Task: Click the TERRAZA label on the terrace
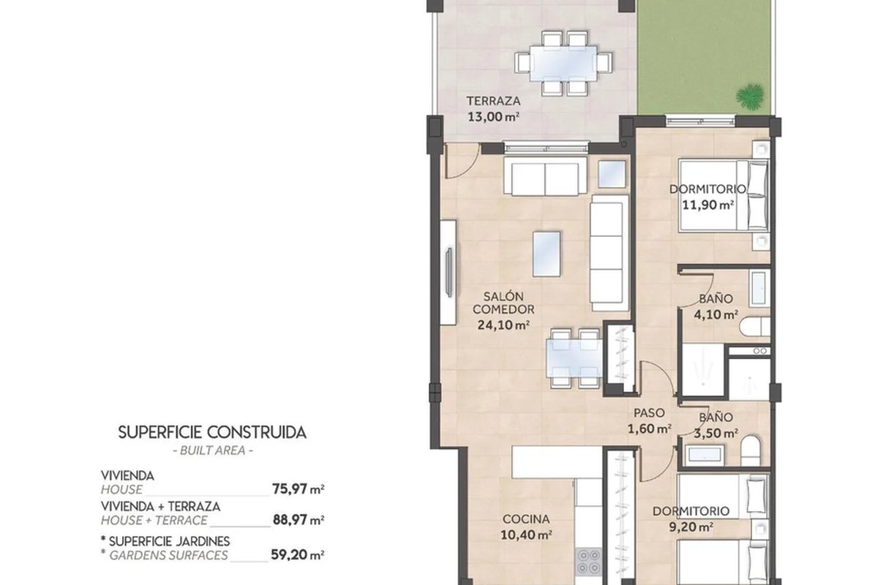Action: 493,101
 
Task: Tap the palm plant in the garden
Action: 750,96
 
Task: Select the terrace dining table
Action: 563,64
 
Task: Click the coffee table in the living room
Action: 547,254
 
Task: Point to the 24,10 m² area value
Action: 503,325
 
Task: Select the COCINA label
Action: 526,519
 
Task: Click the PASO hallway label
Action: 649,412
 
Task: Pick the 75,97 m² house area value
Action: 298,489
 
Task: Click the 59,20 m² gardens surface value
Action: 298,555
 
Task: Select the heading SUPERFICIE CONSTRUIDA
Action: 212,433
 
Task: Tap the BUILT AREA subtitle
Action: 213,450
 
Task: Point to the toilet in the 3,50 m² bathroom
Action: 751,450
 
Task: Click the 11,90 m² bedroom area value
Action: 708,205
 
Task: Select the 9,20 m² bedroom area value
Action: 691,527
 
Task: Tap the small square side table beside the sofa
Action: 612,174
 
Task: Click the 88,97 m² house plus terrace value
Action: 298,520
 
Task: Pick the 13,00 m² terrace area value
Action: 493,117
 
